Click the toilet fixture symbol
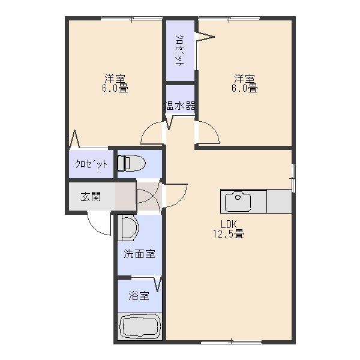coord(131,163)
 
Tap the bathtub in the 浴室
coord(140,326)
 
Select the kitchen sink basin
coord(238,202)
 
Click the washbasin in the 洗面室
coord(128,228)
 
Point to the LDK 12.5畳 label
coord(229,229)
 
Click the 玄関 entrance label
coord(91,197)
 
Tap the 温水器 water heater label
coord(180,106)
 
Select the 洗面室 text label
coord(139,254)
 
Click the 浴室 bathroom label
coord(139,295)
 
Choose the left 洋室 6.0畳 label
coord(115,83)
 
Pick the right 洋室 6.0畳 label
coord(245,83)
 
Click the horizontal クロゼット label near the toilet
coord(91,164)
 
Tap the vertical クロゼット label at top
coord(180,50)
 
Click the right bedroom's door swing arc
coord(212,128)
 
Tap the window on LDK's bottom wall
coord(231,342)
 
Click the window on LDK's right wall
coord(293,178)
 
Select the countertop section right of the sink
coord(279,202)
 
